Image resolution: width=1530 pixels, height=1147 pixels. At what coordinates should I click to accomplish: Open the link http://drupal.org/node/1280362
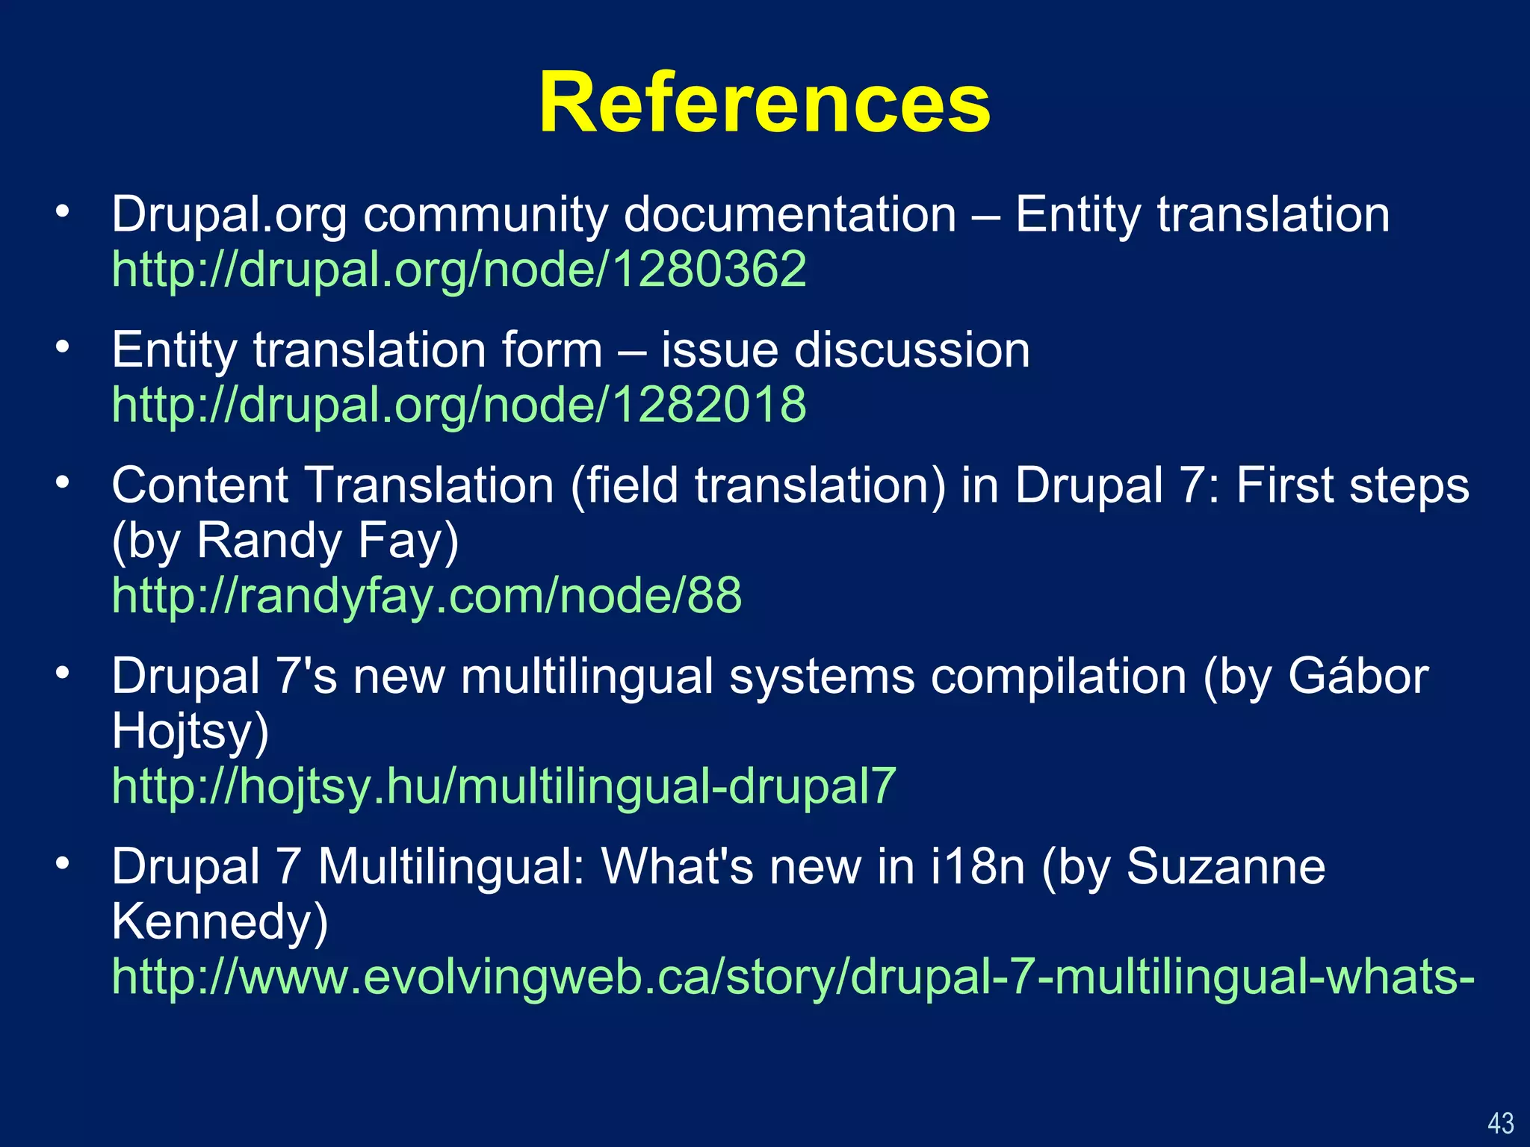point(459,269)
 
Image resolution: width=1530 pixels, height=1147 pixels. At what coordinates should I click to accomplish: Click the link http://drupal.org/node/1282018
point(459,405)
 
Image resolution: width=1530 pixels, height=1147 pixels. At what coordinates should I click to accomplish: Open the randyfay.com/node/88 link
point(427,596)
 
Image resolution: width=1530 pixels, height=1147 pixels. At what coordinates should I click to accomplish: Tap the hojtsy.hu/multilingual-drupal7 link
point(504,786)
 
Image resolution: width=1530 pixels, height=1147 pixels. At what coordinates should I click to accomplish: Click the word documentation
point(790,214)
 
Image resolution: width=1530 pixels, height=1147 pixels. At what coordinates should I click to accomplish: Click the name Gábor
point(1357,677)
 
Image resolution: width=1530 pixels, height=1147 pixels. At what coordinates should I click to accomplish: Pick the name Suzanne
point(1225,867)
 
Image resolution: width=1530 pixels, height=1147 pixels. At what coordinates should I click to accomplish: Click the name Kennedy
point(219,922)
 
